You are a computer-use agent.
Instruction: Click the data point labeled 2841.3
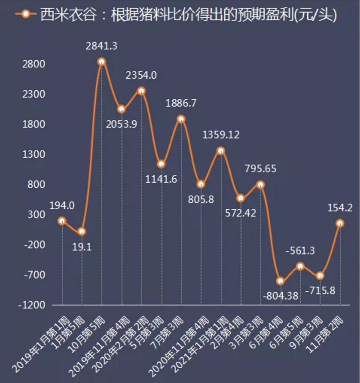tap(101, 62)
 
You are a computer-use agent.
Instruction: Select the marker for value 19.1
tap(82, 231)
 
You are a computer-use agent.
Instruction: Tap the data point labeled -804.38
tap(280, 281)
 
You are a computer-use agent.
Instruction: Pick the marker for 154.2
tap(340, 223)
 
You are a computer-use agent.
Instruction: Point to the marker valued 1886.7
tap(181, 119)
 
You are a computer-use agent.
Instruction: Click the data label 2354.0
tap(141, 75)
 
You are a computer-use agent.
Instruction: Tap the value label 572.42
tap(240, 213)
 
